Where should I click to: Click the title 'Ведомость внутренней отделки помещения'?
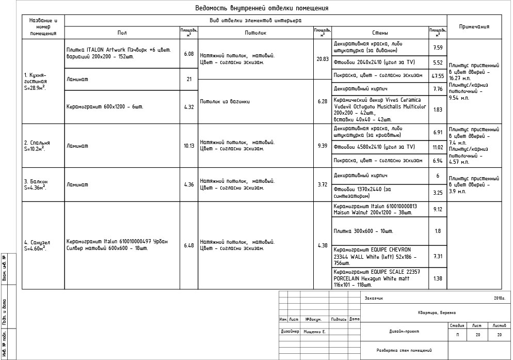262,8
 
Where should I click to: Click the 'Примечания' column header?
474,27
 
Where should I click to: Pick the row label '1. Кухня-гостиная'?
36,81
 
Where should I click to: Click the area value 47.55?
438,75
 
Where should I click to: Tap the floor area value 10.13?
189,146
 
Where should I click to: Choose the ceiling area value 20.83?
322,59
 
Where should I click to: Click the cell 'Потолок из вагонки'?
225,101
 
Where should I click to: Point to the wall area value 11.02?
438,147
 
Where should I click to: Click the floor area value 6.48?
189,245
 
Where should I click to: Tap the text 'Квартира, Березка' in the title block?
437,312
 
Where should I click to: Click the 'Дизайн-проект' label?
404,332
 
